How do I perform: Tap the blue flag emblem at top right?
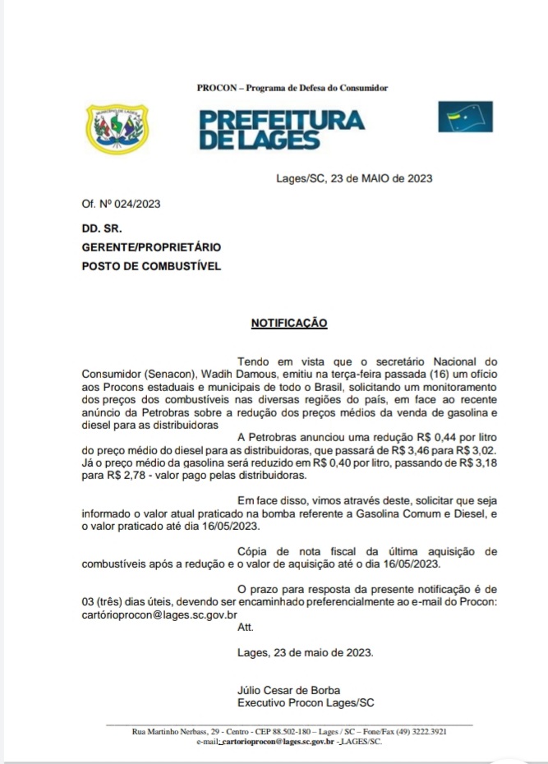click(465, 117)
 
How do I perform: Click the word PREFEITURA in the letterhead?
click(282, 119)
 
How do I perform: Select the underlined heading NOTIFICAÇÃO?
click(289, 323)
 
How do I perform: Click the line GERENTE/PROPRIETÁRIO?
click(151, 246)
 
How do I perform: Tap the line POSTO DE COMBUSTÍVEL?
click(151, 265)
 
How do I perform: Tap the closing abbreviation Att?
click(246, 627)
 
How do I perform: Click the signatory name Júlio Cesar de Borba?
click(288, 689)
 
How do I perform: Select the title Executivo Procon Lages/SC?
click(306, 703)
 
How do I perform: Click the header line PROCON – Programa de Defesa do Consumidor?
click(292, 88)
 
